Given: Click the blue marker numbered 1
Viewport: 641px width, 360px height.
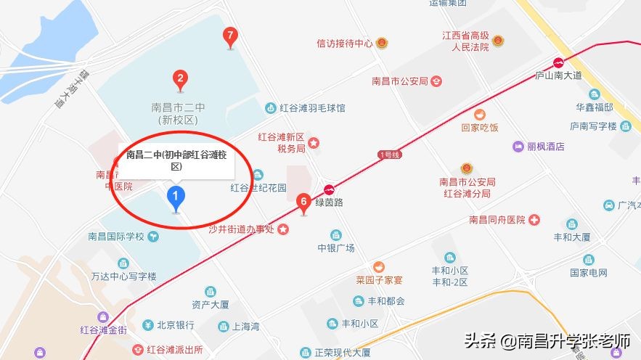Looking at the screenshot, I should [x=175, y=197].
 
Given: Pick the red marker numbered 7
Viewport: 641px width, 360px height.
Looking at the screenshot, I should [x=230, y=36].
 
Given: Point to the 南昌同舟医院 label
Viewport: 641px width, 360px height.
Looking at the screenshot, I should [x=497, y=220].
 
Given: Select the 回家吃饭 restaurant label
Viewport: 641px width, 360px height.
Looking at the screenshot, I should [x=480, y=128].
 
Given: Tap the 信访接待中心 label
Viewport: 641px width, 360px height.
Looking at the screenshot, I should [x=344, y=44].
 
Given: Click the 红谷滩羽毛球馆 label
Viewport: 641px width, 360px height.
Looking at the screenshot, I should [x=313, y=108].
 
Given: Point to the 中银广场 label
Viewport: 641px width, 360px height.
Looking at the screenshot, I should [x=335, y=248].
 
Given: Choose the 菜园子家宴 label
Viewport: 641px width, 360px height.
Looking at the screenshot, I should [x=379, y=280].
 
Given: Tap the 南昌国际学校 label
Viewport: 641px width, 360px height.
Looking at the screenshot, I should [x=116, y=237].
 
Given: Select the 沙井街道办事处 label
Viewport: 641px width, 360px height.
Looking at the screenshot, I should [x=240, y=230].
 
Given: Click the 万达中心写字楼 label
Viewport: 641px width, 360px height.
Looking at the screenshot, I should [x=123, y=277].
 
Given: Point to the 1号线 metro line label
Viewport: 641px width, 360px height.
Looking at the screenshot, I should [x=388, y=154].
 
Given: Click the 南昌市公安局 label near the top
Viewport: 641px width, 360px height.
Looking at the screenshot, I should [x=399, y=81].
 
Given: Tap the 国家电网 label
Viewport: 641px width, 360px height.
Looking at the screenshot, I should [x=588, y=273].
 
